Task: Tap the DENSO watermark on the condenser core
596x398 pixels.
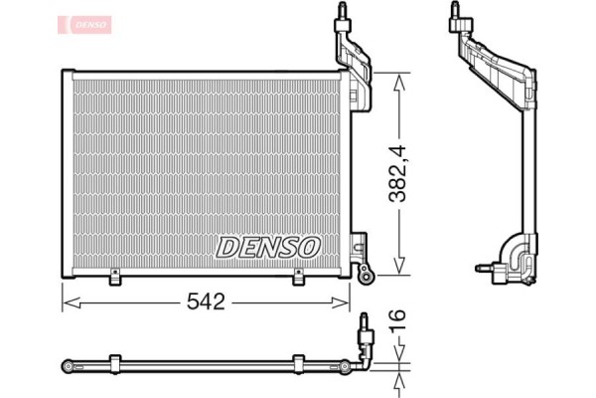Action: tap(267, 245)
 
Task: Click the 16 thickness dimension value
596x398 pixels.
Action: tap(398, 321)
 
